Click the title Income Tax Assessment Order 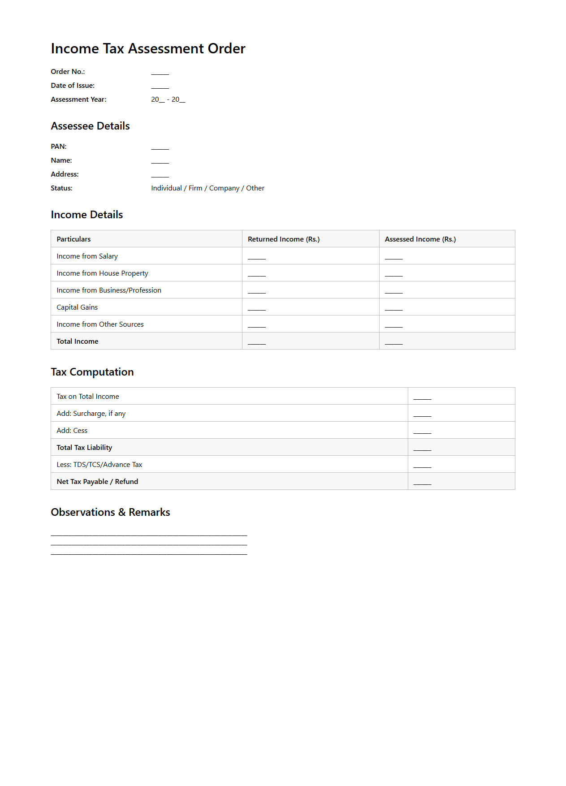148,48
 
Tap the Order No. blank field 160,73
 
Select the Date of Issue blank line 160,86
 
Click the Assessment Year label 78,99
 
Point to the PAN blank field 160,147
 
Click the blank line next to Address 160,175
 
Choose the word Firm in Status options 195,188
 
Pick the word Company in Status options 224,188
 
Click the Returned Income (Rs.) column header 284,239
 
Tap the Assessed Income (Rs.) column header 420,239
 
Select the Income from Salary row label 87,256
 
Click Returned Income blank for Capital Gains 257,308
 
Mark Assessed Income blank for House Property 393,274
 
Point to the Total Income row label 78,341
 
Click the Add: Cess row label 72,431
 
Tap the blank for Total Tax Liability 422,449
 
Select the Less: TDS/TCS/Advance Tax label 99,465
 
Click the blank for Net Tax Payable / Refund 422,483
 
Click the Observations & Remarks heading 110,512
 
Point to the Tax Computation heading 92,372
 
